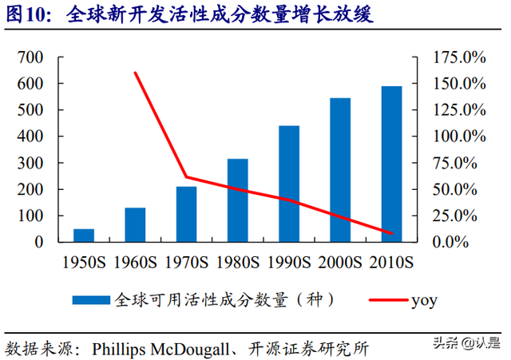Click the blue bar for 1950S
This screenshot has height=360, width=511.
click(x=84, y=235)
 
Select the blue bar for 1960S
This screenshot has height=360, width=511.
click(x=135, y=225)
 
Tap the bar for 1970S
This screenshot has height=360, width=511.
click(x=186, y=214)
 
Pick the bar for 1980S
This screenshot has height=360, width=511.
click(x=237, y=200)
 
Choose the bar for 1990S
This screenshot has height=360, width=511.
click(x=288, y=184)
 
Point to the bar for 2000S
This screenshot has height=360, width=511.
click(x=340, y=170)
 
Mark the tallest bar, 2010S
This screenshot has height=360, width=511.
click(x=391, y=164)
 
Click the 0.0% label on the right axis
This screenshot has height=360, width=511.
click(x=466, y=242)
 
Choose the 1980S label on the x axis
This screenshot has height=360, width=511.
click(x=237, y=262)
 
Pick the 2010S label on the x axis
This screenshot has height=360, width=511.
click(x=391, y=262)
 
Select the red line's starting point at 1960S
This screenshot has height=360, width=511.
click(x=135, y=73)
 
